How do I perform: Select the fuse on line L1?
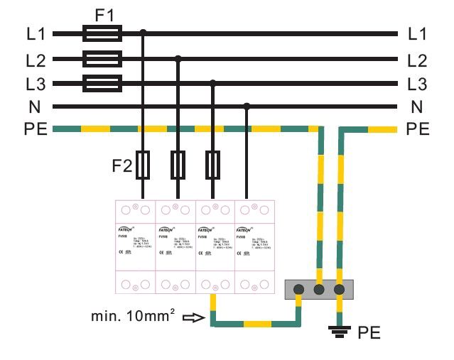click(x=102, y=33)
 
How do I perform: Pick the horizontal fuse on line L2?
click(x=102, y=58)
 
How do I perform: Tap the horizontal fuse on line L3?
click(x=102, y=83)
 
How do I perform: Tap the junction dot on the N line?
click(x=247, y=107)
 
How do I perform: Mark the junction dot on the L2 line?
click(x=178, y=58)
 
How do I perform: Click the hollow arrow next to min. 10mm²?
click(x=193, y=319)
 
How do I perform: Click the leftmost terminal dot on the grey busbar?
click(x=299, y=290)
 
